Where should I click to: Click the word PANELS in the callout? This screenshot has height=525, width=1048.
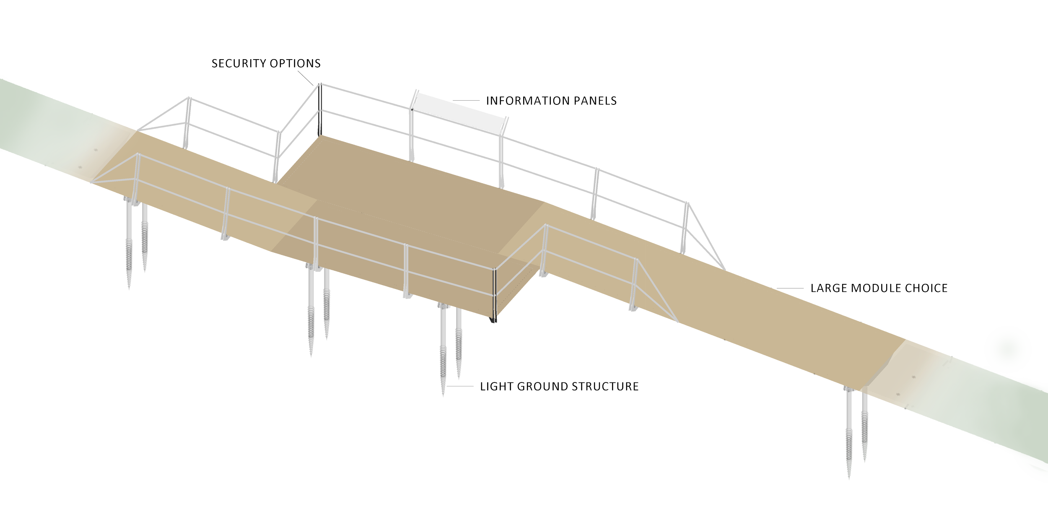(x=599, y=101)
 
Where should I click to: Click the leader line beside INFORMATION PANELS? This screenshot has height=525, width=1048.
(x=466, y=101)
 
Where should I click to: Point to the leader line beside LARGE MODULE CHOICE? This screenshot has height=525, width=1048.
(x=790, y=288)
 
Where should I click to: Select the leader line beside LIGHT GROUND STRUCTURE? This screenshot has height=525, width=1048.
(x=460, y=386)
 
